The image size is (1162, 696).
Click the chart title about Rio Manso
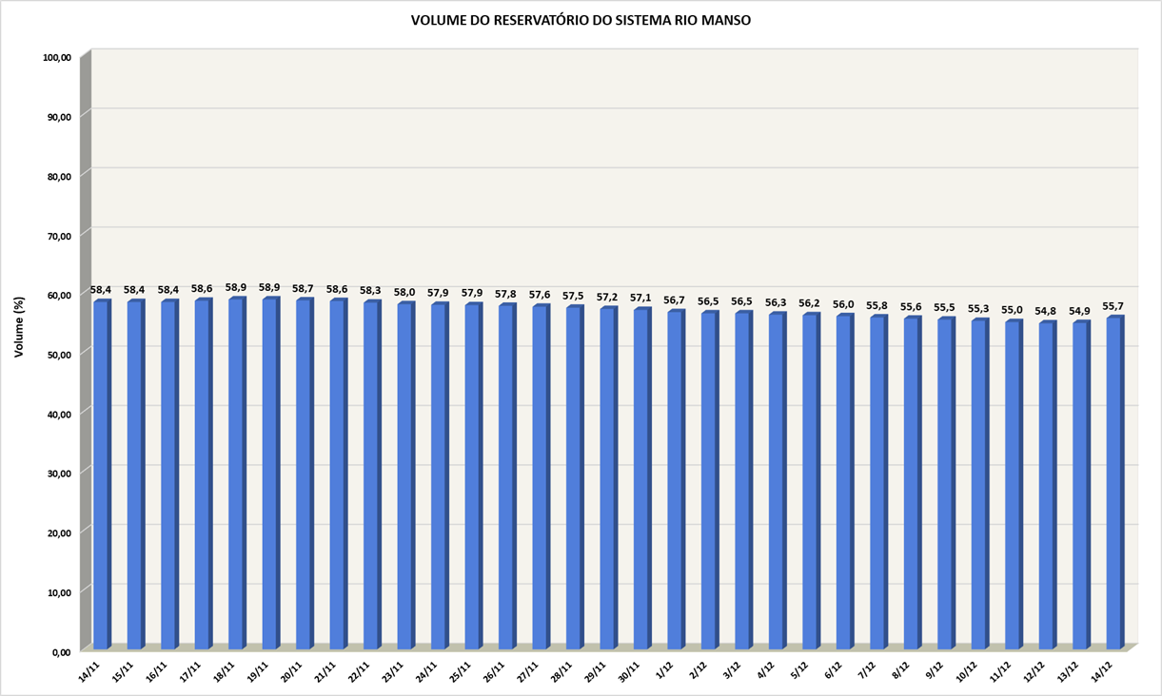[581, 20]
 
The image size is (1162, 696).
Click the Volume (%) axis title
[19, 326]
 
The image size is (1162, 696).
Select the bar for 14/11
[101, 475]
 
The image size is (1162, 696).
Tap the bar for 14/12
[1113, 485]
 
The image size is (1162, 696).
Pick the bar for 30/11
[641, 480]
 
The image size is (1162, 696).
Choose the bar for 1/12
[675, 481]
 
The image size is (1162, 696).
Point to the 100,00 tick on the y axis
[57, 58]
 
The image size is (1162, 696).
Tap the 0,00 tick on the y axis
[60, 652]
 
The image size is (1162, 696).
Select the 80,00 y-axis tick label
[57, 177]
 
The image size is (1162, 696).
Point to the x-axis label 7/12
[869, 670]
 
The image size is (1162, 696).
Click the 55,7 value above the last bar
[1113, 306]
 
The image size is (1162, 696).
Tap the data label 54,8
[1046, 311]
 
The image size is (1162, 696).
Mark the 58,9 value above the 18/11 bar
[236, 287]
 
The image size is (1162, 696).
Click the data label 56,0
[843, 304]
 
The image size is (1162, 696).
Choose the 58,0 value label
[404, 293]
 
